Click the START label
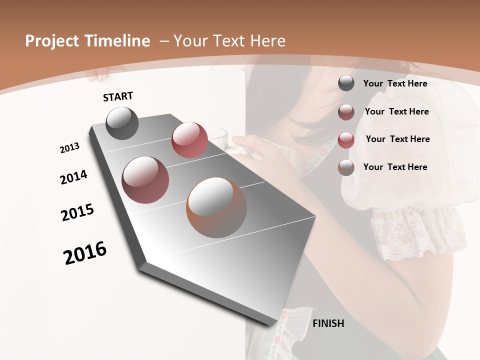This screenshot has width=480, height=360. [118, 96]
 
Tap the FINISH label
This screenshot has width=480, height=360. [328, 323]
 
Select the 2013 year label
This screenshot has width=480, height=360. [70, 148]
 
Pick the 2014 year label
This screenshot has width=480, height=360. [74, 177]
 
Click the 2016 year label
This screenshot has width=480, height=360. [85, 252]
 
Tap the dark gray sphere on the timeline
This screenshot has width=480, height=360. [122, 123]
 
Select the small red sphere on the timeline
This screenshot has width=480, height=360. [189, 139]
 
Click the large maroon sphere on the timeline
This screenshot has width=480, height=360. [145, 179]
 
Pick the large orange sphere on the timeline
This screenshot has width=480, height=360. [216, 207]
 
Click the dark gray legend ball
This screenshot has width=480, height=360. [346, 83]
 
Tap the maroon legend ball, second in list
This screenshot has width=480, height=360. [346, 112]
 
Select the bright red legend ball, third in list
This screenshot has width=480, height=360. [346, 140]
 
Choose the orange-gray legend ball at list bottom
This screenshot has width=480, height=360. [346, 167]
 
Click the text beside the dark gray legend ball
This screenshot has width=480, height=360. [395, 83]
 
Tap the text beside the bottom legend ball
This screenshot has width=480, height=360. [395, 167]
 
